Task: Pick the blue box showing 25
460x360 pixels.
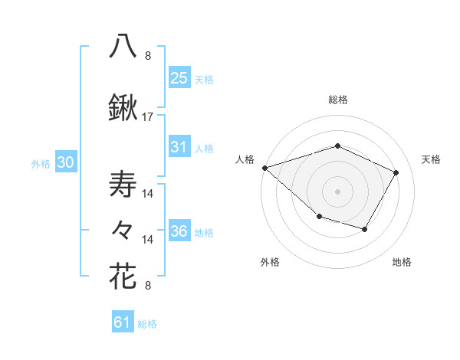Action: [179, 77]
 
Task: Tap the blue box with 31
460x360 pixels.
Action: [179, 147]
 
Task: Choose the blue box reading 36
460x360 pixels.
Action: [179, 231]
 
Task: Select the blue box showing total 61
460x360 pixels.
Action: [123, 322]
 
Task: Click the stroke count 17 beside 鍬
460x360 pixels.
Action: [148, 117]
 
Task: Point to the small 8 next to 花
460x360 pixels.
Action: [148, 286]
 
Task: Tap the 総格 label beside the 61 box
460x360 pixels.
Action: [147, 324]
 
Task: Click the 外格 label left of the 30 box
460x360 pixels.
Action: [41, 163]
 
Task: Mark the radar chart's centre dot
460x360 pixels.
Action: [337, 191]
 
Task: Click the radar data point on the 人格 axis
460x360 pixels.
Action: [264, 167]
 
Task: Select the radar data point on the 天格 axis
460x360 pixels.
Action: [396, 172]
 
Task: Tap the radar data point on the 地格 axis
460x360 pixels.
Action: [365, 229]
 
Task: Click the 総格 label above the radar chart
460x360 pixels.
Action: [337, 100]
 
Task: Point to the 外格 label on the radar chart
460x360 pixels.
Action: [270, 262]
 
